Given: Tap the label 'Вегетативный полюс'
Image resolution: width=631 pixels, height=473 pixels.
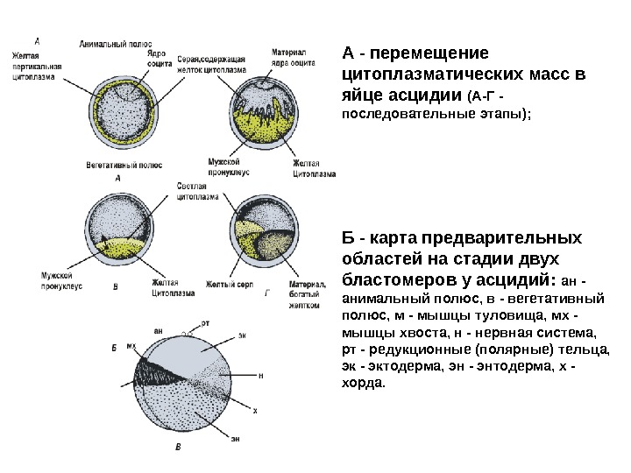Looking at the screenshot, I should click(x=122, y=164).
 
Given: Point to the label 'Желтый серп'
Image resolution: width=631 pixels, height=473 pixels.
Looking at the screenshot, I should click(x=223, y=283).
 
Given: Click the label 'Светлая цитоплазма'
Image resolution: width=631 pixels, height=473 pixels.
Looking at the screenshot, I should click(x=192, y=192).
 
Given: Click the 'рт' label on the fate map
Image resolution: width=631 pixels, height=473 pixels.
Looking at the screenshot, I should click(x=206, y=323).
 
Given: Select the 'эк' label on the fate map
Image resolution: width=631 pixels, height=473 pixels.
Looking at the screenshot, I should click(x=243, y=335).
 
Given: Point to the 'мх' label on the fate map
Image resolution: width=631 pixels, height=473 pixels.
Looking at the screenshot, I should click(x=131, y=347).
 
